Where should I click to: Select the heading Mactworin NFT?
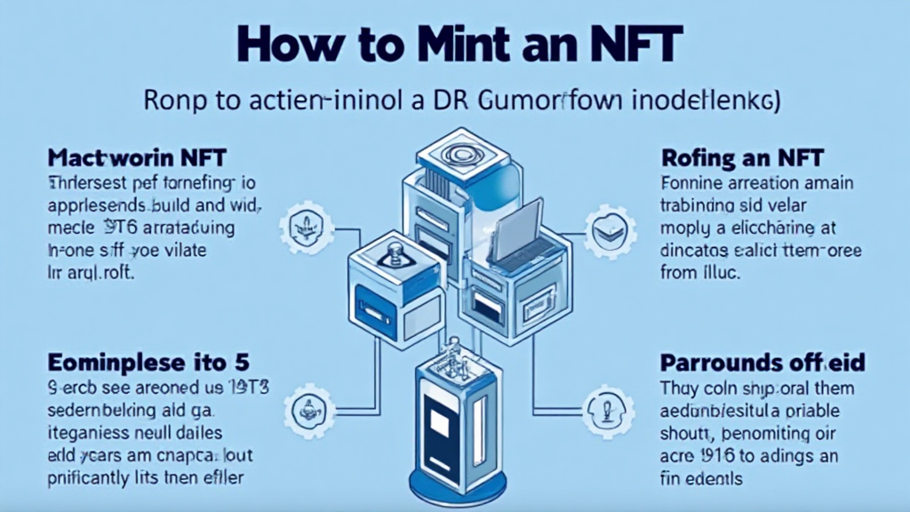[138, 159]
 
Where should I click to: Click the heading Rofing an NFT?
[743, 159]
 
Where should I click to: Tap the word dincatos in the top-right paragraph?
[699, 252]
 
